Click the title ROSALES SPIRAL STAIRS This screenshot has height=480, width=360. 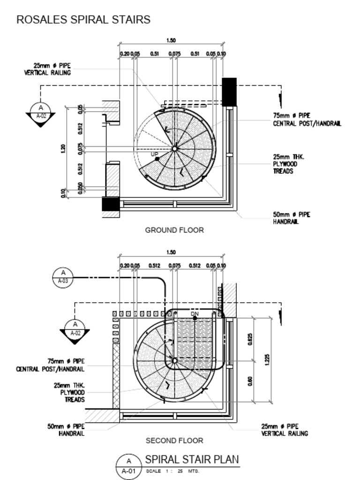pos(83,20)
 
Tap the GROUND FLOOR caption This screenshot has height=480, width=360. pos(174,230)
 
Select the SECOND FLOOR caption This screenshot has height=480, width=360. pos(174,441)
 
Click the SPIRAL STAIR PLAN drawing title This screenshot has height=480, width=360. pos(192,459)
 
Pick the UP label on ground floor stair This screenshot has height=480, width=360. pos(154,154)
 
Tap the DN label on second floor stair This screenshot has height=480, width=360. pos(195,313)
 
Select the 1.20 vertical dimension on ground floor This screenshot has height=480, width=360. pos(63,149)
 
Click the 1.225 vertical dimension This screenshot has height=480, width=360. pos(267,360)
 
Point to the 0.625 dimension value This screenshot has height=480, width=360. pos(250,339)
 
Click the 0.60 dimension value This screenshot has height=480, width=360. pos(250,382)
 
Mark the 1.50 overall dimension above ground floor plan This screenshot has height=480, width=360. pos(171,40)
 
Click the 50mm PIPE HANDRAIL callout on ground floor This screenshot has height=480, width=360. pos(291,218)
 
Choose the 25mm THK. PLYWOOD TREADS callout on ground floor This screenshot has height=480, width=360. pos(285,164)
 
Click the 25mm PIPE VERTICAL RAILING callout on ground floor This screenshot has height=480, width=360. pos(47,69)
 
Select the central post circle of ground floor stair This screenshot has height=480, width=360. pos(174,149)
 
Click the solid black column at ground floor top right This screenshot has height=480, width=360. pos(229,89)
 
